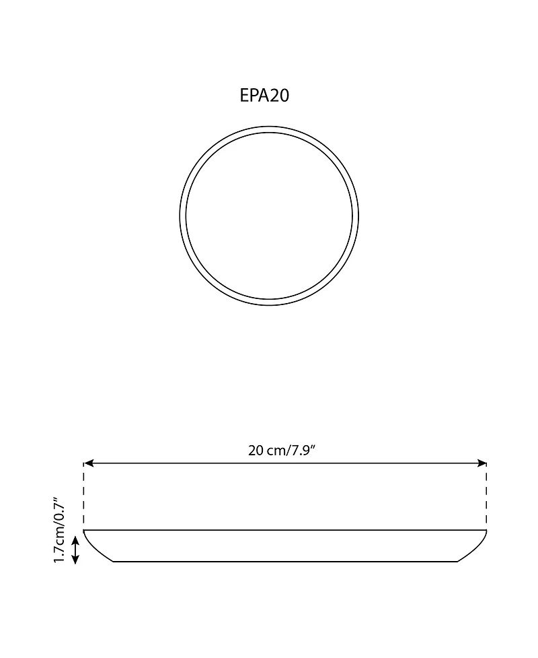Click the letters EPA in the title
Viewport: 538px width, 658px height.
coord(254,96)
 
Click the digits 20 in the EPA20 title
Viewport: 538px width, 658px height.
coord(279,96)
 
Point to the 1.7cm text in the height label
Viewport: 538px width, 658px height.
coord(59,544)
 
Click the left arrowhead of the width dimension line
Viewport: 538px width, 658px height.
coord(88,463)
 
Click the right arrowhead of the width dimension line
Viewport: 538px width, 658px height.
coord(482,463)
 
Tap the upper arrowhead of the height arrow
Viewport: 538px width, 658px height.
coord(75,541)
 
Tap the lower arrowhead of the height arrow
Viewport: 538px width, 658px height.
coord(75,560)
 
